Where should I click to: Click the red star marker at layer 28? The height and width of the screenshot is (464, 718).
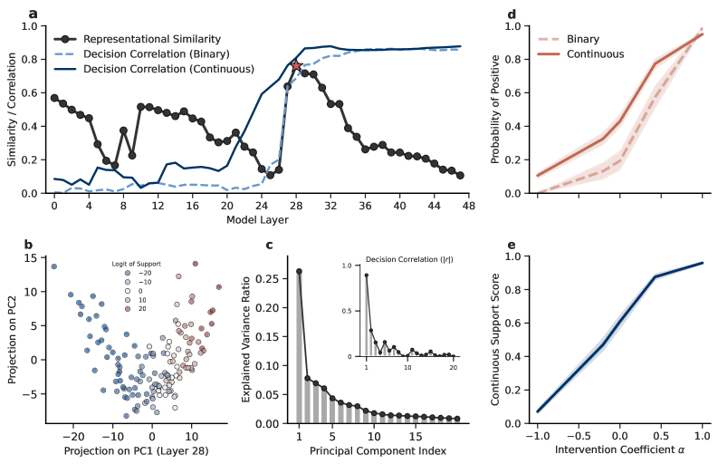click(296, 65)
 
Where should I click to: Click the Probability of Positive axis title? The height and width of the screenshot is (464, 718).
click(495, 110)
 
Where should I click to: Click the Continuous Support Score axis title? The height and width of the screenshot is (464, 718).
click(495, 340)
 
